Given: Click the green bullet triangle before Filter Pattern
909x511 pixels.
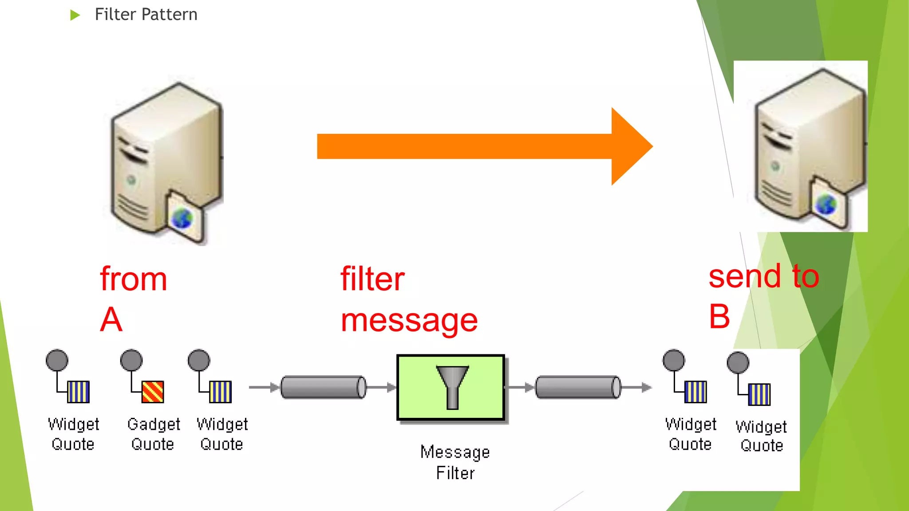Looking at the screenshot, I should pyautogui.click(x=75, y=16).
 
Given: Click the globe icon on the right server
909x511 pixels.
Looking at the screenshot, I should pyautogui.click(x=826, y=204).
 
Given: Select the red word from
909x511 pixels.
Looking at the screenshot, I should pyautogui.click(x=134, y=279).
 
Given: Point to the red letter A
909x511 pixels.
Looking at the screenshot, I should pyautogui.click(x=111, y=319).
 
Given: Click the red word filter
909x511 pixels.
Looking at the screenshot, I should pyautogui.click(x=372, y=279).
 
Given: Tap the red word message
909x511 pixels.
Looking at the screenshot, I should pyautogui.click(x=409, y=321).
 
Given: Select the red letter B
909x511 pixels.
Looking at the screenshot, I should pyautogui.click(x=719, y=317).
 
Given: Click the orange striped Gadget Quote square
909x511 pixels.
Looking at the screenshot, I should pyautogui.click(x=153, y=392).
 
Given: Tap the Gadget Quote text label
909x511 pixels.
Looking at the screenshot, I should pyautogui.click(x=153, y=434).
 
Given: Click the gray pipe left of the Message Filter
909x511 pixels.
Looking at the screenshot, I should pyautogui.click(x=323, y=387).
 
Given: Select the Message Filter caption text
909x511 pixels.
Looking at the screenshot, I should pyautogui.click(x=455, y=462).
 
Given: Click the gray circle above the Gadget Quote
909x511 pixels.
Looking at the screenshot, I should pyautogui.click(x=131, y=360).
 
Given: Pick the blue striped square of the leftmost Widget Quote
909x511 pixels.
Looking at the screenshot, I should pyautogui.click(x=79, y=392).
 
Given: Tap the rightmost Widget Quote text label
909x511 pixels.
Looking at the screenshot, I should pyautogui.click(x=761, y=436).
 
